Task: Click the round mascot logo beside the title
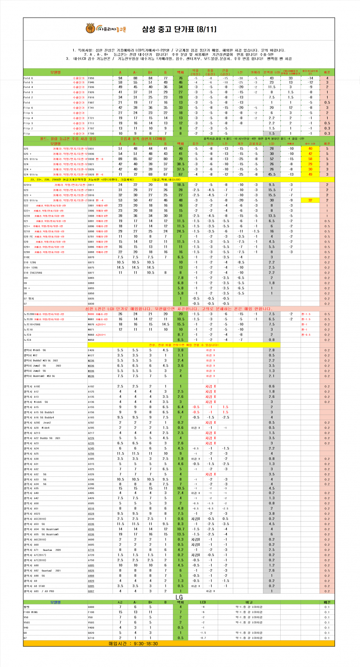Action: [91, 29]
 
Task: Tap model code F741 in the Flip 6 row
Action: [91, 107]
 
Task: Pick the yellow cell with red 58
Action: [310, 159]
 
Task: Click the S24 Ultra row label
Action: [31, 174]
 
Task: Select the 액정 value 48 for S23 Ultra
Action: [181, 200]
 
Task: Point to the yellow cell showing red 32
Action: [310, 200]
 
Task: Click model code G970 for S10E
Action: [91, 257]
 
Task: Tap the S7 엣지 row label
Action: [29, 298]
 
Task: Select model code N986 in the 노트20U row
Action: [91, 314]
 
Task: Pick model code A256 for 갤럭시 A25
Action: [91, 453]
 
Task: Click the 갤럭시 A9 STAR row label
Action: [35, 586]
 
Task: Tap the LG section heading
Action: [181, 596]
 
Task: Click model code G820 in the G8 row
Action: [91, 632]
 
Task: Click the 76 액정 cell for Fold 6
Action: [181, 78]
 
